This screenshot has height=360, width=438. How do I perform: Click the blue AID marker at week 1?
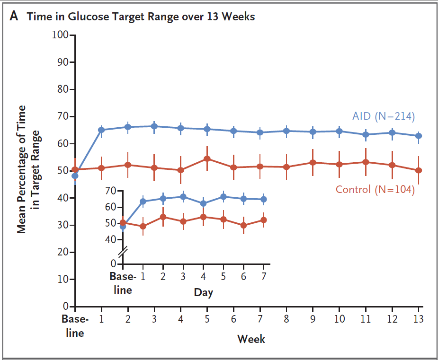[101, 130]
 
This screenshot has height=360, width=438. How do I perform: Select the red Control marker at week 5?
[207, 158]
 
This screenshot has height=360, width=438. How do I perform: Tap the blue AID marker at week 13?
[419, 136]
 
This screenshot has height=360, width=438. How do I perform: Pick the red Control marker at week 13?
[419, 170]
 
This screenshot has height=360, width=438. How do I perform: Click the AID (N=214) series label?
[383, 116]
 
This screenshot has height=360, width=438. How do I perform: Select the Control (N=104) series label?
[375, 190]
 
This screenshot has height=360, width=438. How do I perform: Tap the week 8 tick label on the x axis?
[286, 319]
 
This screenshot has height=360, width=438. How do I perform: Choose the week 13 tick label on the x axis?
[418, 319]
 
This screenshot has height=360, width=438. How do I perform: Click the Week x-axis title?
[251, 339]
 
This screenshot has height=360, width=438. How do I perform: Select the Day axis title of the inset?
[203, 292]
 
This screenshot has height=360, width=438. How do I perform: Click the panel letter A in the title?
[14, 17]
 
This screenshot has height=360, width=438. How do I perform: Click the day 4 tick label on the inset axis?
[203, 276]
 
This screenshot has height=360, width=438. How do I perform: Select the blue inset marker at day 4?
[203, 203]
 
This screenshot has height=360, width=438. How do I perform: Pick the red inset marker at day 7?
[264, 220]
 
